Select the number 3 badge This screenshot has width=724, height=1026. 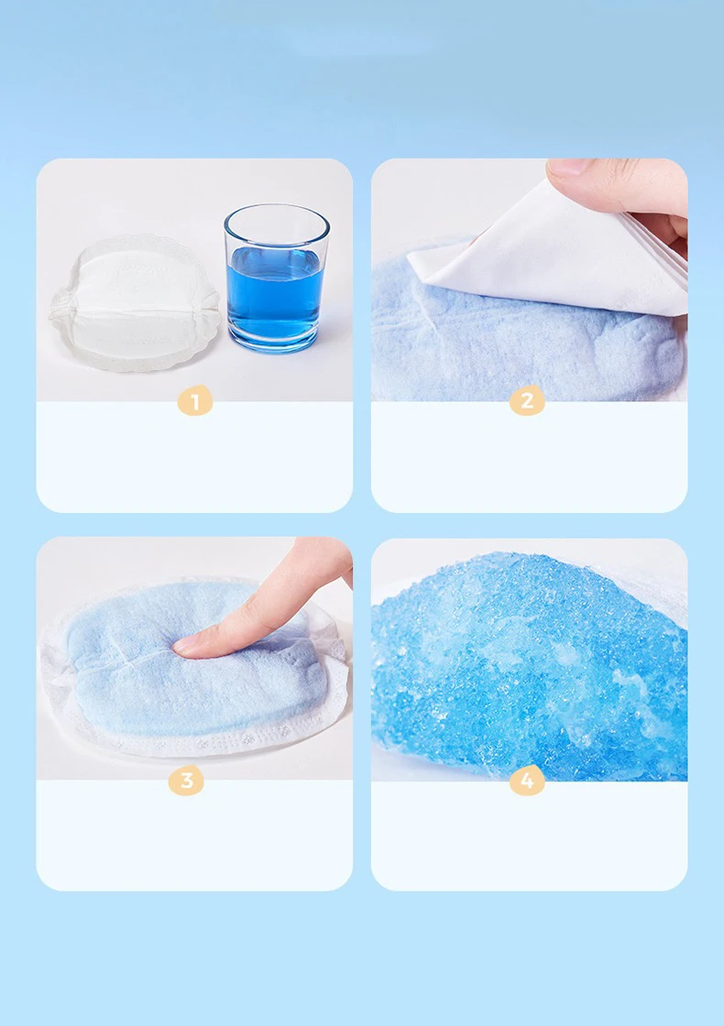point(187,780)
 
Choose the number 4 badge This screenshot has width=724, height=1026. point(527,780)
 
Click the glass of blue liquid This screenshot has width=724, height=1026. point(276,278)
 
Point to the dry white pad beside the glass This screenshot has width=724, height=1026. point(135,303)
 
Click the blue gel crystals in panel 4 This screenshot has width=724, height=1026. point(529,664)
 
